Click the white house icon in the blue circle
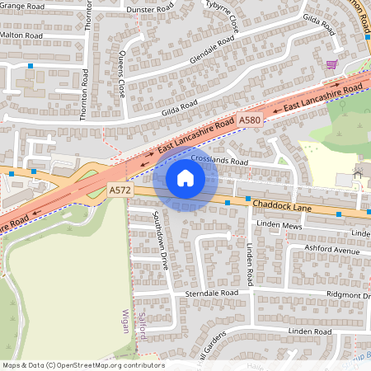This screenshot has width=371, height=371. pyautogui.click(x=185, y=177)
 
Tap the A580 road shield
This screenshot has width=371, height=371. pyautogui.click(x=251, y=120)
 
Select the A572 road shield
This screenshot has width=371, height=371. pyautogui.click(x=120, y=190)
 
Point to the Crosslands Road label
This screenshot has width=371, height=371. pyautogui.click(x=218, y=162)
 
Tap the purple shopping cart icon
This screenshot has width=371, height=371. pyautogui.click(x=331, y=64)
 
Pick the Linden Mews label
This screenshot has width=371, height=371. pyautogui.click(x=278, y=225)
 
